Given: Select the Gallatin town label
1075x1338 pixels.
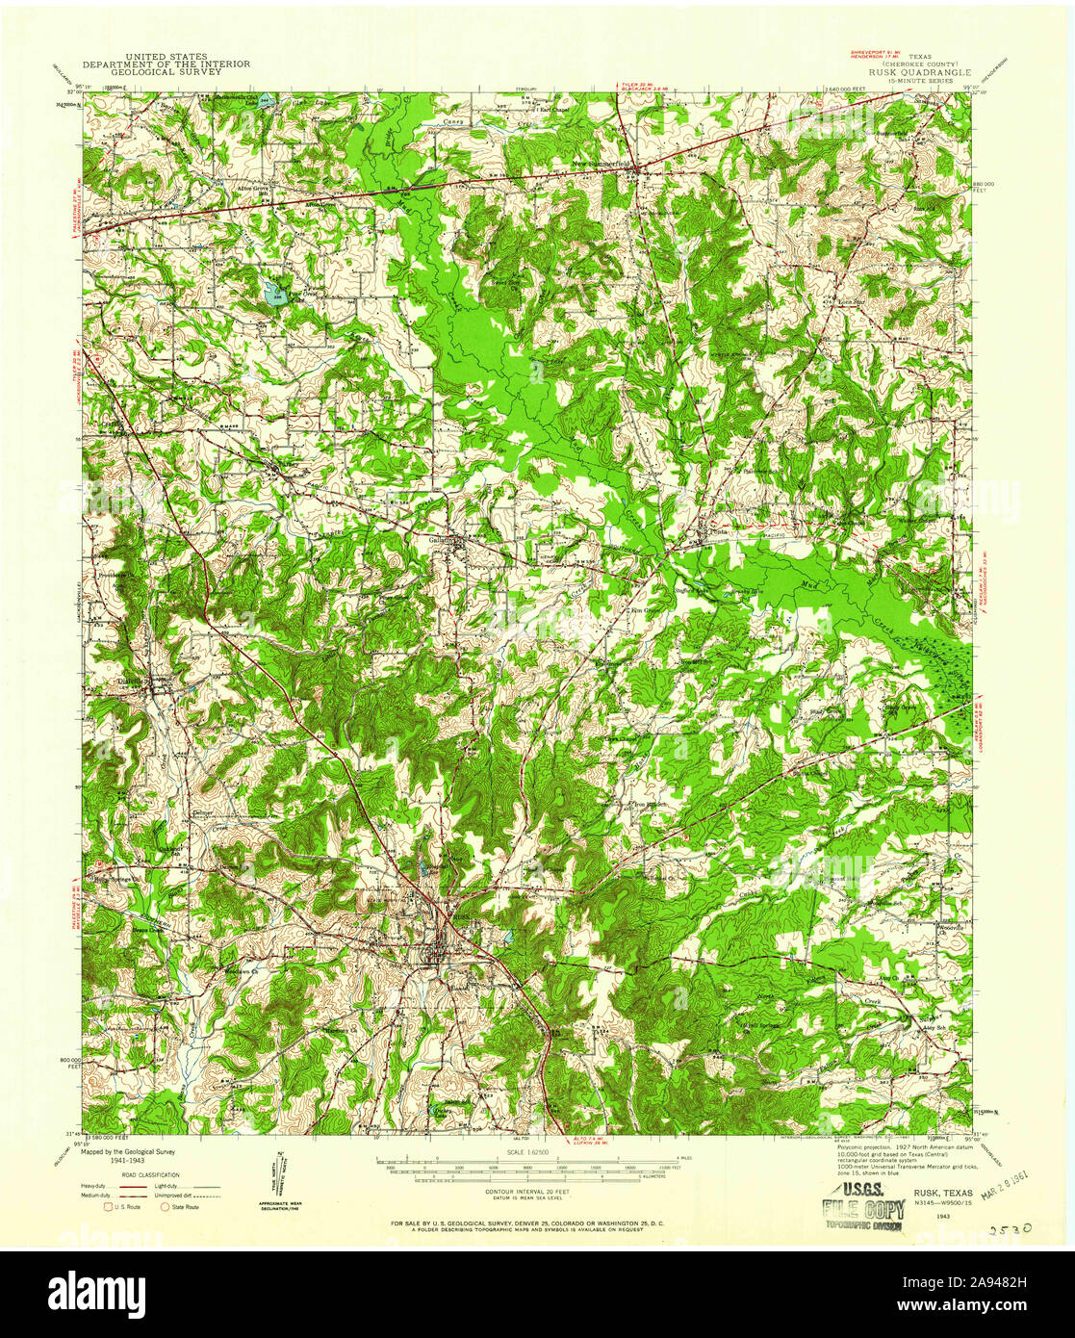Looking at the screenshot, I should [443, 540].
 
